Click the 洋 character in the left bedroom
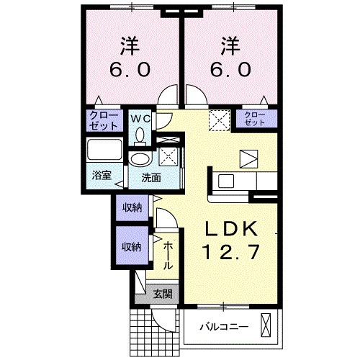[x=129, y=45]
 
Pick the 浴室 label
[x=101, y=175]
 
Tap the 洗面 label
[x=150, y=176]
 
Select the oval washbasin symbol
[x=139, y=159]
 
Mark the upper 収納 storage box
[x=131, y=208]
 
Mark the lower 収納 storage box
[x=131, y=246]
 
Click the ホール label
[x=167, y=256]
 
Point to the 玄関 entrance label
[x=163, y=293]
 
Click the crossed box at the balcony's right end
[x=268, y=326]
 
